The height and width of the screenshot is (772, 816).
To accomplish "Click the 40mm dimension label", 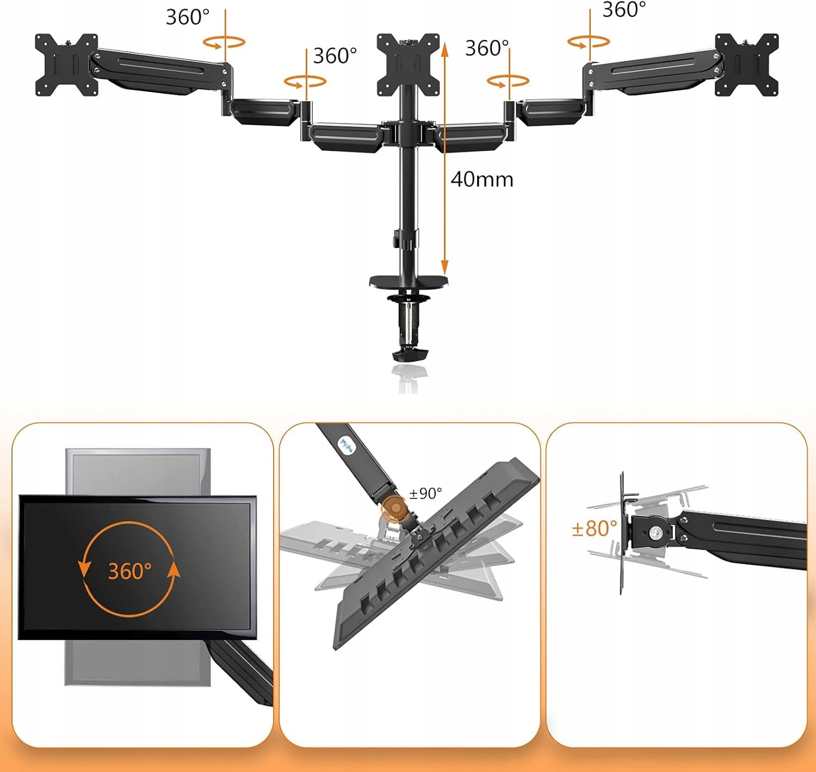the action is coord(482,180).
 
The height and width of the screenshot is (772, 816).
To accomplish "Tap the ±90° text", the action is coord(425,493).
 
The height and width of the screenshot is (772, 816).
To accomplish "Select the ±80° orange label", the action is coord(595,528).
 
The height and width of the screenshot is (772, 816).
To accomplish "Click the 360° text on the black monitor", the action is coord(130,571).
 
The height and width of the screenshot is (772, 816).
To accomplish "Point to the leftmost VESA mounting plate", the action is coord(66,65).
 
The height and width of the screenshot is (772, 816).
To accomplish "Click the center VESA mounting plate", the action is coord(408,65).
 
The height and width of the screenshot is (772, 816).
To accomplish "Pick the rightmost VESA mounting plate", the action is coord(747,65).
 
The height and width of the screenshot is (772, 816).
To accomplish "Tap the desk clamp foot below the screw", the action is coord(410,356).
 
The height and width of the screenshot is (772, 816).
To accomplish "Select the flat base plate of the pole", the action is coord(409,282).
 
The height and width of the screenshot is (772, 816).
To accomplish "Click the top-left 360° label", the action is coord(188,17).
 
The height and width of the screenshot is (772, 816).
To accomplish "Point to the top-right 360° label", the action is coord(625,10).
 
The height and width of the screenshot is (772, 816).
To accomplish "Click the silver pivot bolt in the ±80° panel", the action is coord(656,532).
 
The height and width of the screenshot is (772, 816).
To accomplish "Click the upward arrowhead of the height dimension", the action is coord(444,49).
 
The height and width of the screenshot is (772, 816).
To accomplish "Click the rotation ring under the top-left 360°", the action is coord(224,42).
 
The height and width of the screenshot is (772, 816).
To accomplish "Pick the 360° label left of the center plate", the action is coord(335,55).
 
